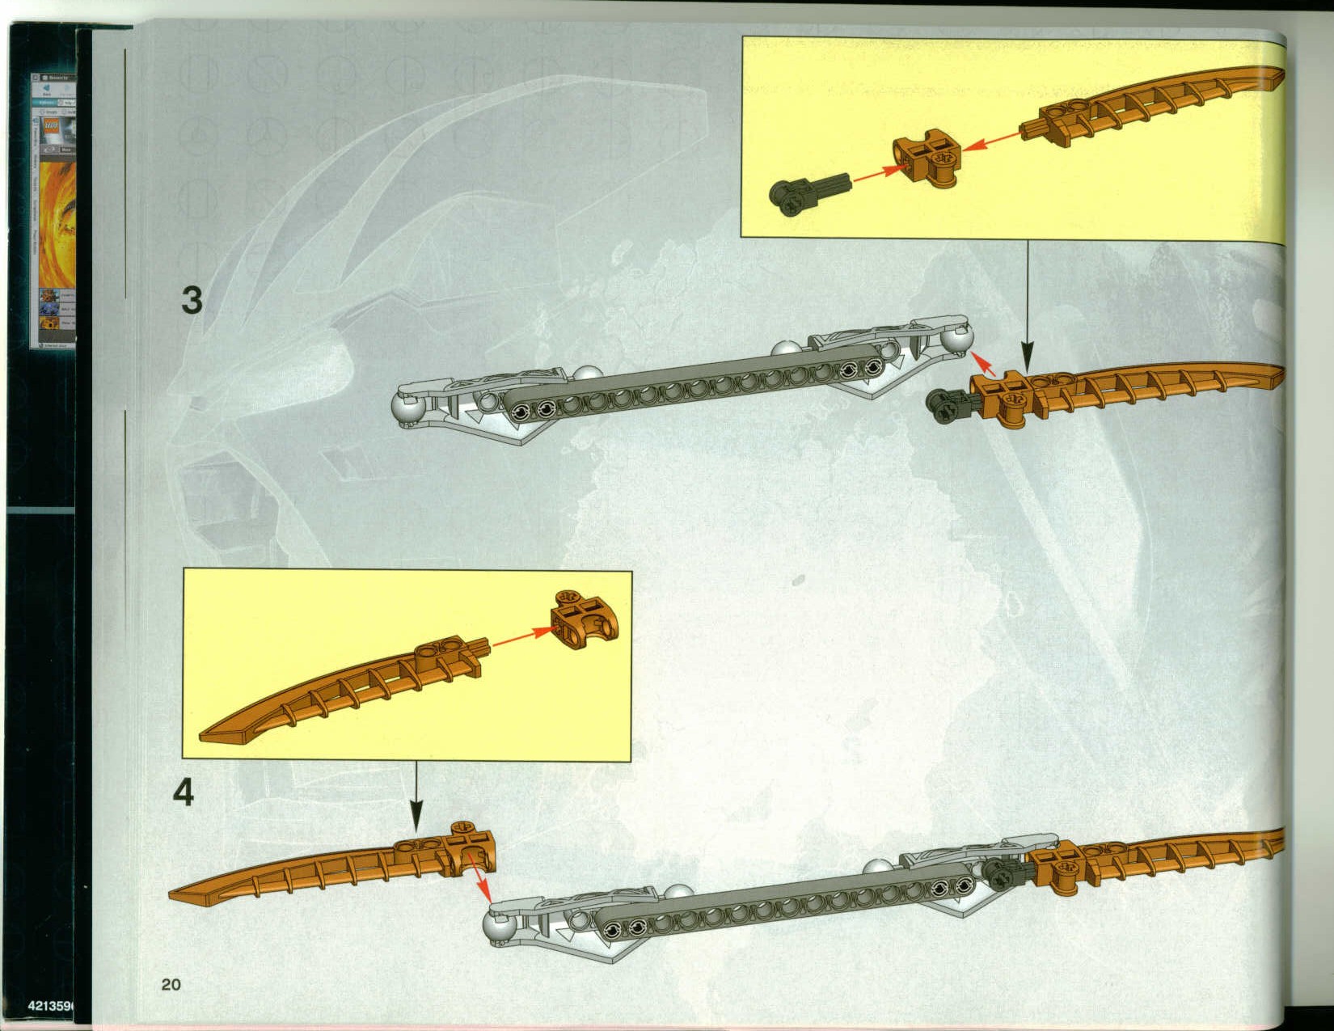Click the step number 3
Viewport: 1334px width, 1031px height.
coord(192,300)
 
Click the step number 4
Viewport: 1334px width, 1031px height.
coord(184,792)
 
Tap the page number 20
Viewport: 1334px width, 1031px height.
coord(171,984)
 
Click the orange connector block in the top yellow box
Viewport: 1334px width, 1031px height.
coord(927,159)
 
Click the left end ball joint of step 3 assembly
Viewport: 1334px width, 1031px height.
coord(407,411)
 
